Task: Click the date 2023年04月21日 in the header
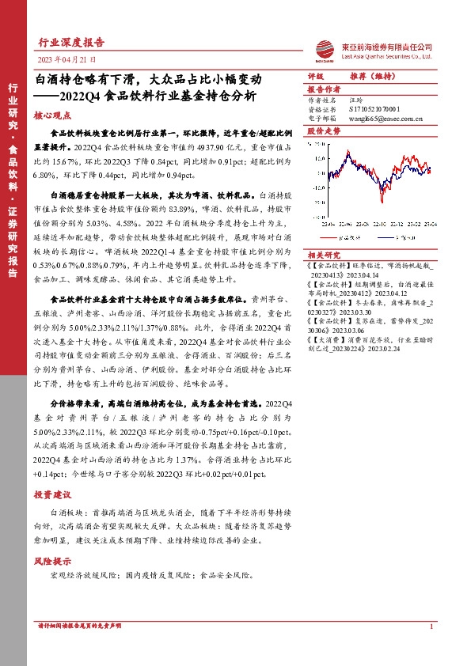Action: [x=67, y=59]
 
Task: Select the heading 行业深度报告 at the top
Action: [x=71, y=43]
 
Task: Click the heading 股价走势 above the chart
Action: [x=323, y=130]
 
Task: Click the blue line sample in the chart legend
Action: [x=378, y=236]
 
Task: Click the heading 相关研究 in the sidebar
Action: [x=323, y=255]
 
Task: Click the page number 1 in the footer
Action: [x=431, y=626]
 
